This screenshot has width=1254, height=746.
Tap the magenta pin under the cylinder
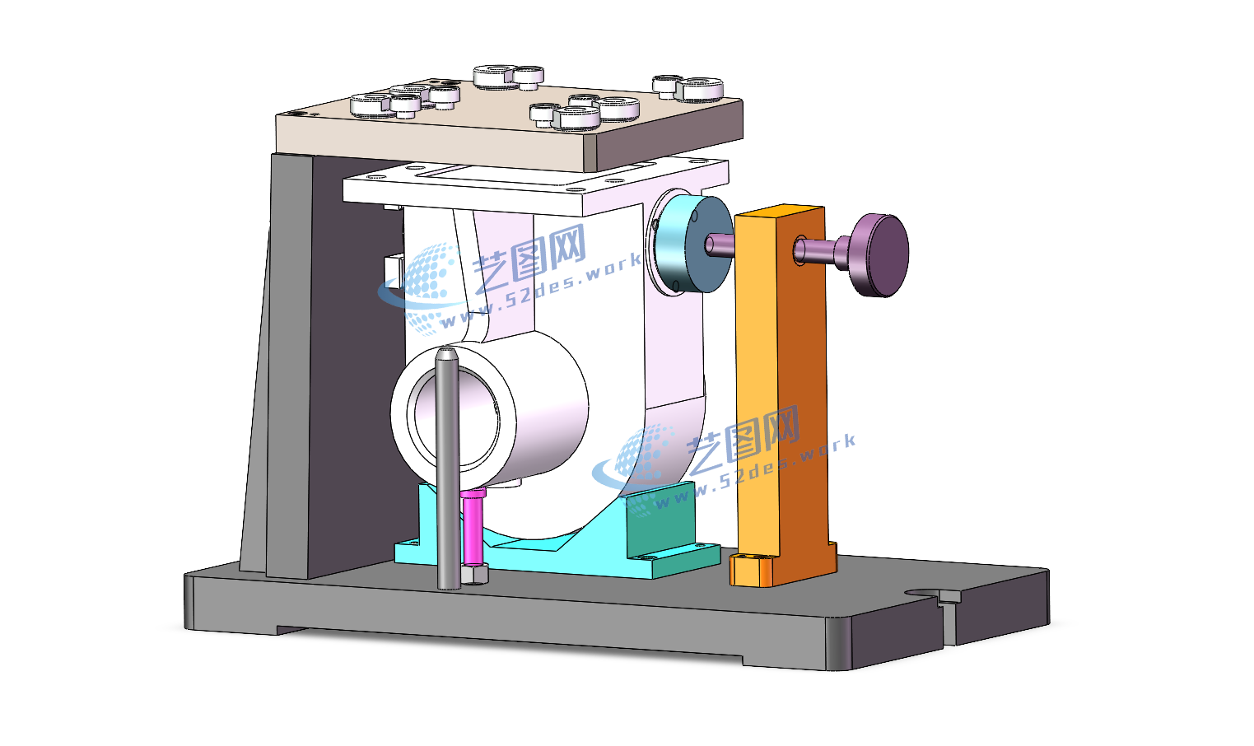473,527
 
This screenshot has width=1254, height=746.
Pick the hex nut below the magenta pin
475,575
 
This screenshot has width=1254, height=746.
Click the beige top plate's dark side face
669,133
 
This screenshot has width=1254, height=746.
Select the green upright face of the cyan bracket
660,520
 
